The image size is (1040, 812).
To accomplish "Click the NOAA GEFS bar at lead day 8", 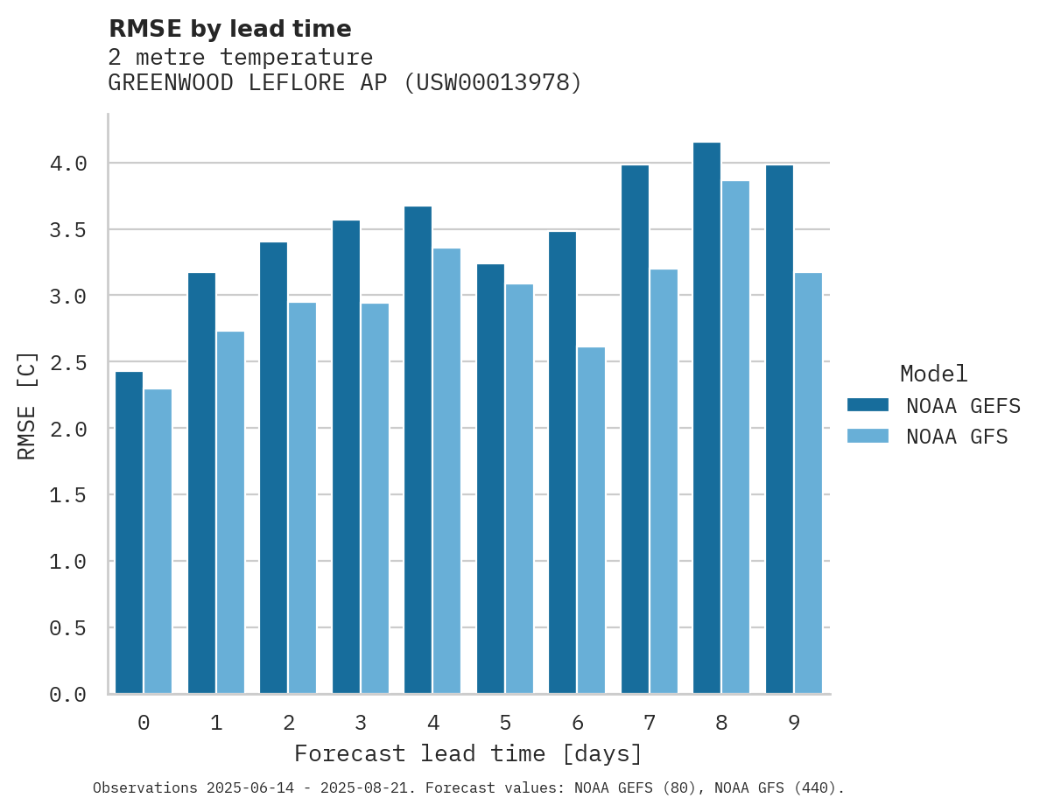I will (706, 418).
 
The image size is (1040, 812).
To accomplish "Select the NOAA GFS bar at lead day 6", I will (591, 521).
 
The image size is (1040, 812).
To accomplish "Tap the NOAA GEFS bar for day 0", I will (129, 533).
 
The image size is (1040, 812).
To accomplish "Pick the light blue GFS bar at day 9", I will (808, 483).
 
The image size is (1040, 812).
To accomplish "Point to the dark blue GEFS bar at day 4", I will (418, 450).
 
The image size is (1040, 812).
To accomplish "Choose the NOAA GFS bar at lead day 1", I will (230, 513).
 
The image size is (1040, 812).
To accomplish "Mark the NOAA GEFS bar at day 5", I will (490, 479).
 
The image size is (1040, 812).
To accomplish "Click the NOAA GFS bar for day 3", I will (375, 499).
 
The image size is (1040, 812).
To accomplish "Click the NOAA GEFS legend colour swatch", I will (868, 405).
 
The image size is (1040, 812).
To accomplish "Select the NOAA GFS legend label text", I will (957, 437).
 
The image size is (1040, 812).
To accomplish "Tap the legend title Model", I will (933, 374).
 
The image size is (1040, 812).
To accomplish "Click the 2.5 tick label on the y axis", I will (67, 362).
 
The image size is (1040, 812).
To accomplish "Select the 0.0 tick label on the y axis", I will (67, 695).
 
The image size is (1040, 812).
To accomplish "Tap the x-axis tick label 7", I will (649, 723).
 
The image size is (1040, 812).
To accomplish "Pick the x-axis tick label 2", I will (288, 723).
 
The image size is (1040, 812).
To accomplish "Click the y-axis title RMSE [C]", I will (27, 405).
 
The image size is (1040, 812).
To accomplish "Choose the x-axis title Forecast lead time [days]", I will (468, 753).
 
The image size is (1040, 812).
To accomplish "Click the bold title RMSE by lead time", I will (229, 29).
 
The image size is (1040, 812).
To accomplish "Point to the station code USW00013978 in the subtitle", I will (493, 83).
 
